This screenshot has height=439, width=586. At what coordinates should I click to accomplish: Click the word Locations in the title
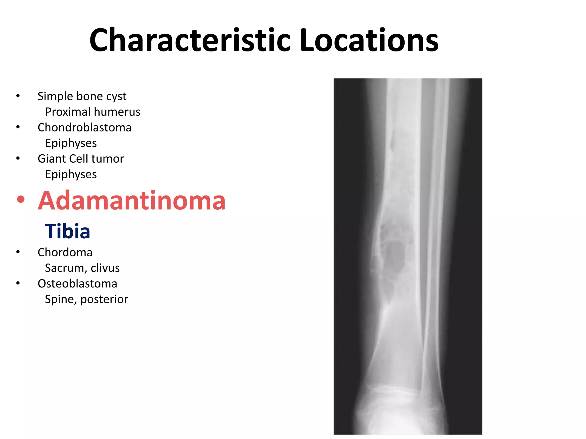coord(369,41)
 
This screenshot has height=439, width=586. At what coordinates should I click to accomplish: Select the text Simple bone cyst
coord(82,96)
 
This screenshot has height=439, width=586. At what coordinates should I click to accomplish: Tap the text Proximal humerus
coord(93,112)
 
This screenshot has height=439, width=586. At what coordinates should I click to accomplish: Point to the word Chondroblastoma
coord(84,127)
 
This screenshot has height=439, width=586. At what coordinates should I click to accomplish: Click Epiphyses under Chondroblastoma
coord(71,143)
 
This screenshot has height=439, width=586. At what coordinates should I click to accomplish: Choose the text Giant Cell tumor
coord(81,159)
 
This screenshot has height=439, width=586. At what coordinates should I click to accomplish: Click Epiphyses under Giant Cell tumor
coord(71,174)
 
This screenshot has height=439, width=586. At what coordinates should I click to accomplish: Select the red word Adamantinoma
coord(132,201)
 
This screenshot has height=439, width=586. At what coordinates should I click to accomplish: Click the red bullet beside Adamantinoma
coord(21,199)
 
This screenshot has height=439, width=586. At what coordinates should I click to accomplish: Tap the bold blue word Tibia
coord(68,231)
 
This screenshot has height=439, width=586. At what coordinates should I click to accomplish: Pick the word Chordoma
coord(65,252)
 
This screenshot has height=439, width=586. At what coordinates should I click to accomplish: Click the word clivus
coord(105,268)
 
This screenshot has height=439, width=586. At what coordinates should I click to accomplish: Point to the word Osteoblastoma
coord(77,284)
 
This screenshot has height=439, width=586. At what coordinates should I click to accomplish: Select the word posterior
coord(104,299)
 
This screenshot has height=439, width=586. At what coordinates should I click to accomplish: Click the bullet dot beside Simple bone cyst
coord(18,96)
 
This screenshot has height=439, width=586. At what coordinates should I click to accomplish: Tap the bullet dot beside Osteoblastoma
coord(18,283)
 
